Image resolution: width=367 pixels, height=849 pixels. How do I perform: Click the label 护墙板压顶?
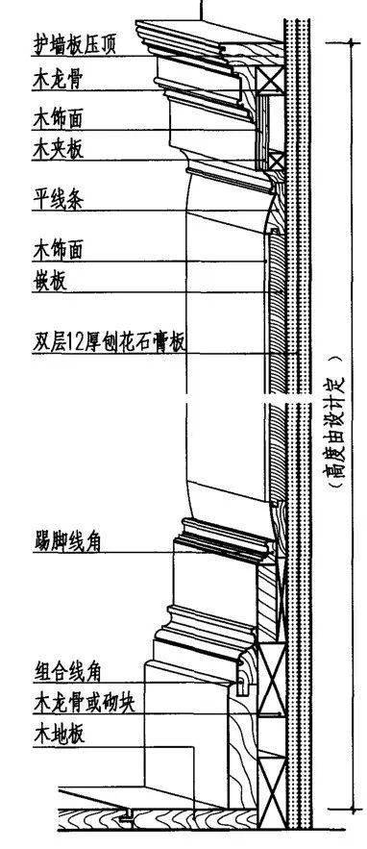74,45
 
